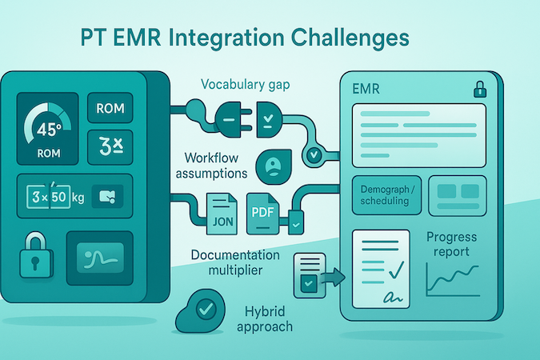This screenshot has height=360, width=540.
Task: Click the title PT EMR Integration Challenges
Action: coord(246,38)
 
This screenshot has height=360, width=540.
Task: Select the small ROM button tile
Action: coord(109,108)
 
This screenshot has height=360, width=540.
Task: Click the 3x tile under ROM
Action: coord(109,146)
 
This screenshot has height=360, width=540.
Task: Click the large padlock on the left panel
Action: coord(35,257)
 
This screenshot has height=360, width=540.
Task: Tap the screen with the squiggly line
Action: coord(99,258)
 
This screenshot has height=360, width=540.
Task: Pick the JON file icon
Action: coord(220,214)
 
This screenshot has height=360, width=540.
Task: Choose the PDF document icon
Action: coord(263,214)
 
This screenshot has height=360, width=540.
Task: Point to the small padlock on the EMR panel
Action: coord(480,88)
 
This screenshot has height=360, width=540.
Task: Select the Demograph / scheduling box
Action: coord(383,194)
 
